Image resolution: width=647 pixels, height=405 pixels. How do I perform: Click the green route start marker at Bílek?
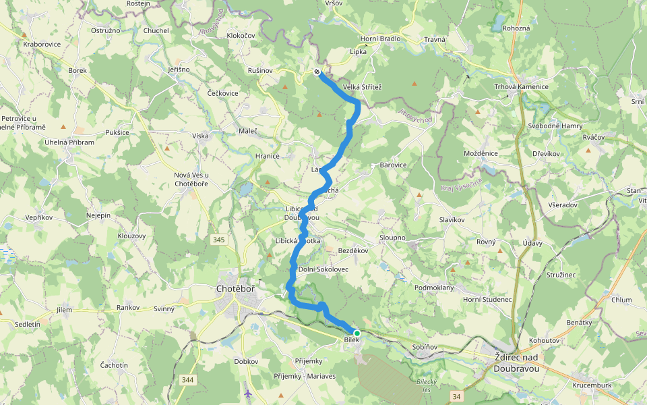click(357, 333)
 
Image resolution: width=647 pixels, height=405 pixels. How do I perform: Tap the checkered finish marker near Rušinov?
click(317, 72)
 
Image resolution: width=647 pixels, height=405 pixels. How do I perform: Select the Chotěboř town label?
click(235, 289)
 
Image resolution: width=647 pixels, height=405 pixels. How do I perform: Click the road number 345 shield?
click(220, 240)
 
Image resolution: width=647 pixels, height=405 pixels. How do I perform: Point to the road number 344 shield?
click(187, 380)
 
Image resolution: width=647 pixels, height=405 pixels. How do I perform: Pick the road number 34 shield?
click(457, 396)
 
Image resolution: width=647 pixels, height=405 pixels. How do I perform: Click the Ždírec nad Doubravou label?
click(516, 363)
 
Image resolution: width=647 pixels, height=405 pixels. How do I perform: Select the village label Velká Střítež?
click(362, 87)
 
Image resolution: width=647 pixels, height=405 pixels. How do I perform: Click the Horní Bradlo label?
click(380, 38)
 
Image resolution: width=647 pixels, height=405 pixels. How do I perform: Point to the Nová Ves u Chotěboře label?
click(191, 180)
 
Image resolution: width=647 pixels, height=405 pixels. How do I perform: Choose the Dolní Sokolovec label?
click(323, 269)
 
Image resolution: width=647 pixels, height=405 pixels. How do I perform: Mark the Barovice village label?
click(394, 165)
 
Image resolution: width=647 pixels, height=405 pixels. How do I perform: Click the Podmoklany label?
click(434, 288)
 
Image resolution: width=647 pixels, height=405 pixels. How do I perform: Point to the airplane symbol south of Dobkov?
click(248, 393)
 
